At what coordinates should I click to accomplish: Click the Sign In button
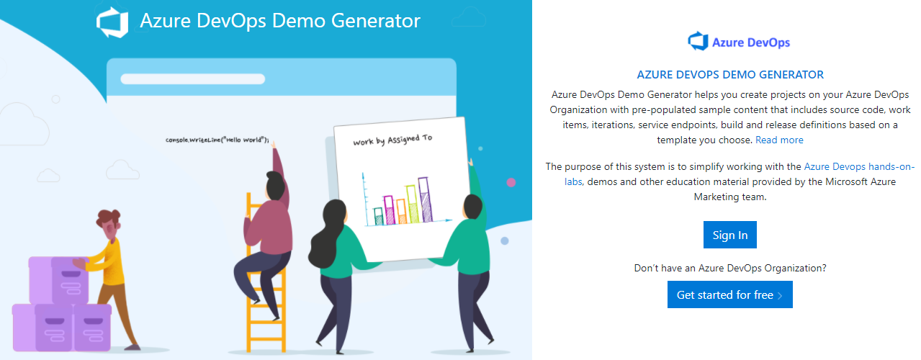click(x=729, y=235)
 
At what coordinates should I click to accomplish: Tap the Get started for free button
click(x=729, y=295)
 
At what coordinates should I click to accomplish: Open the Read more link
click(x=779, y=140)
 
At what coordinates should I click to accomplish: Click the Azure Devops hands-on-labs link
click(x=858, y=166)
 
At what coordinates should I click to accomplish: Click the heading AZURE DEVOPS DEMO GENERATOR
click(x=730, y=74)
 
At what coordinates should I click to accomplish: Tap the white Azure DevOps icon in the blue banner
click(x=112, y=21)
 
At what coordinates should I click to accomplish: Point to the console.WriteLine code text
click(x=217, y=140)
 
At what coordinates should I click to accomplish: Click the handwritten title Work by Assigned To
click(x=392, y=139)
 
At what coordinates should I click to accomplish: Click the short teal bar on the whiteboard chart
click(x=379, y=215)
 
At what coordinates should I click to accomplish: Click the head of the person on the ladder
click(x=274, y=185)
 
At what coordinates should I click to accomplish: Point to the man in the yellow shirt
click(x=112, y=259)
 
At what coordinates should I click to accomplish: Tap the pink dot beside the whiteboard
click(x=511, y=182)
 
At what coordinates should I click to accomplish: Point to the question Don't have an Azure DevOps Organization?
click(x=729, y=268)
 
